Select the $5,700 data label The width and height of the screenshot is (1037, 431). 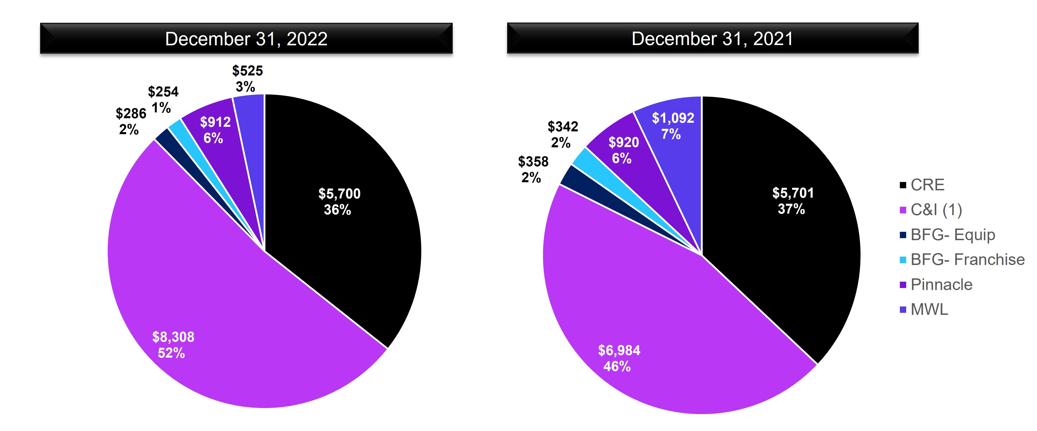point(339,201)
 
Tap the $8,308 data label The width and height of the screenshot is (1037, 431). point(173,344)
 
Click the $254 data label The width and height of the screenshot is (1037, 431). point(163,99)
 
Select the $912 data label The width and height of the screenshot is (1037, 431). point(215,130)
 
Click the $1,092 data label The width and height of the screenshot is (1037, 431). point(673,126)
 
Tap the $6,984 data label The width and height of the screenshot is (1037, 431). point(619,358)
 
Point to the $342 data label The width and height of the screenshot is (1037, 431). point(562,134)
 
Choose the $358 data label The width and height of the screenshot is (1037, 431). point(533,169)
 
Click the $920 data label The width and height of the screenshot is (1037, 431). point(623,150)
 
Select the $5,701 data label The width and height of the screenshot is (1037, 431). point(793,200)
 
